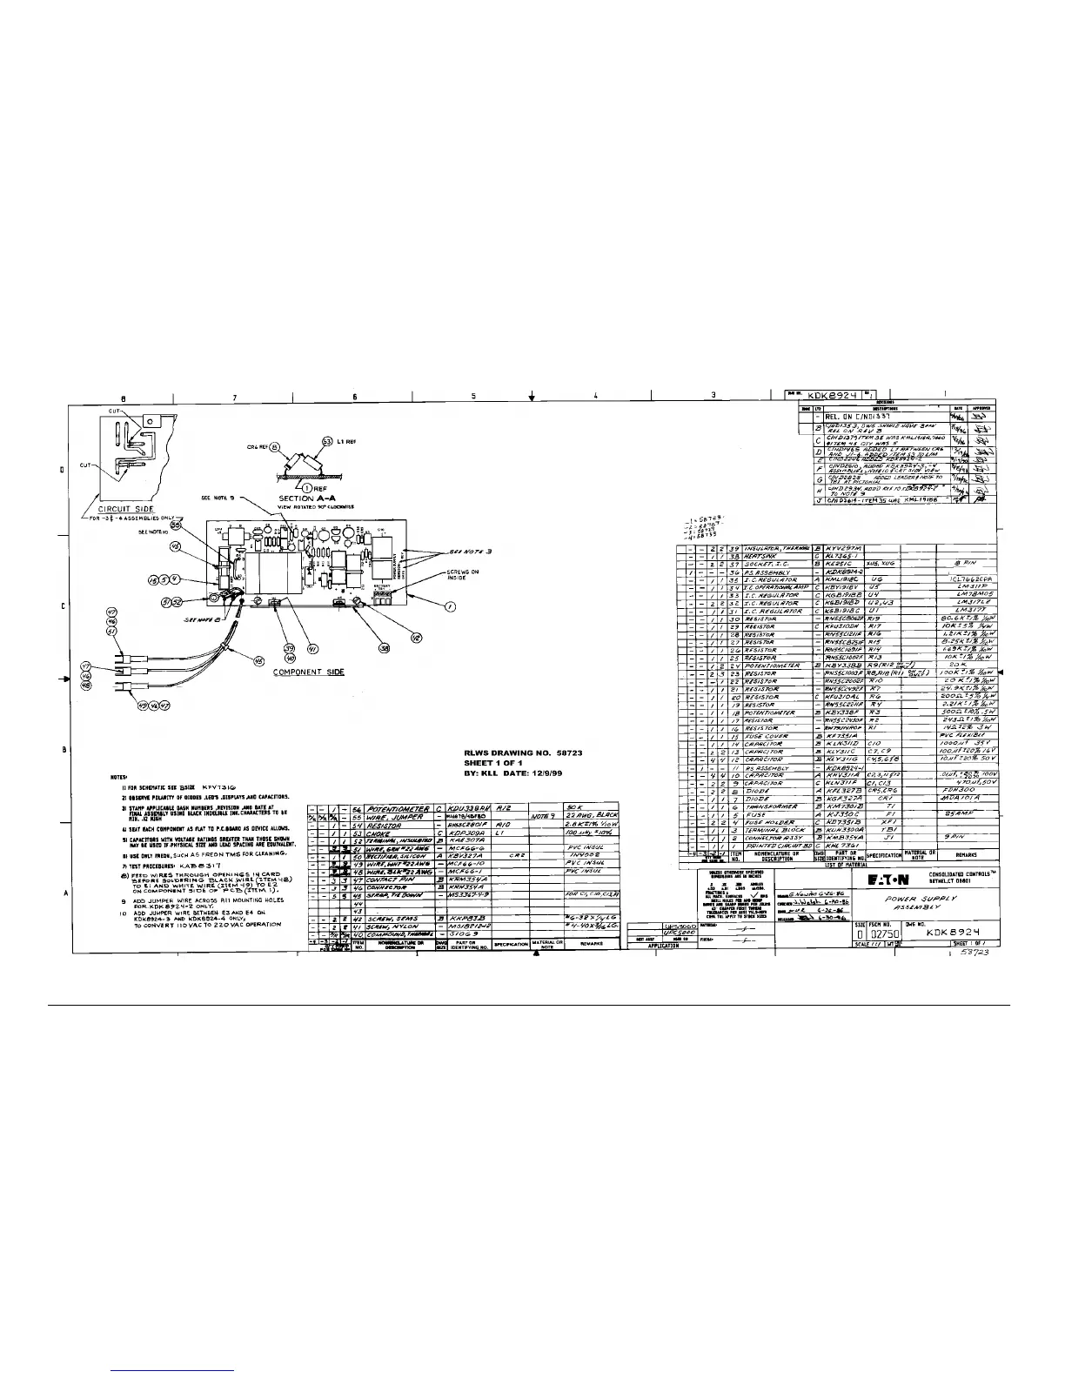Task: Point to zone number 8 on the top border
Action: tap(123, 398)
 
